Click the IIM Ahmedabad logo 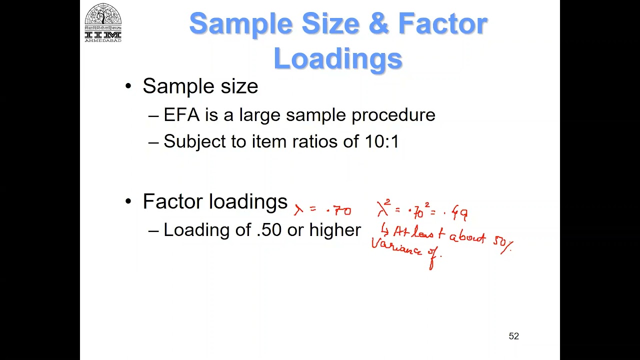tap(103, 22)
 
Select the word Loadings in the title tap(338, 58)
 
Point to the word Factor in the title tap(442, 24)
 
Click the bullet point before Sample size tap(128, 86)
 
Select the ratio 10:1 tap(382, 141)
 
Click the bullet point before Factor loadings tap(128, 201)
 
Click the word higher tap(335, 230)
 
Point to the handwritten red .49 tap(458, 213)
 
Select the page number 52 tap(513, 336)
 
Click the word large tap(259, 115)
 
